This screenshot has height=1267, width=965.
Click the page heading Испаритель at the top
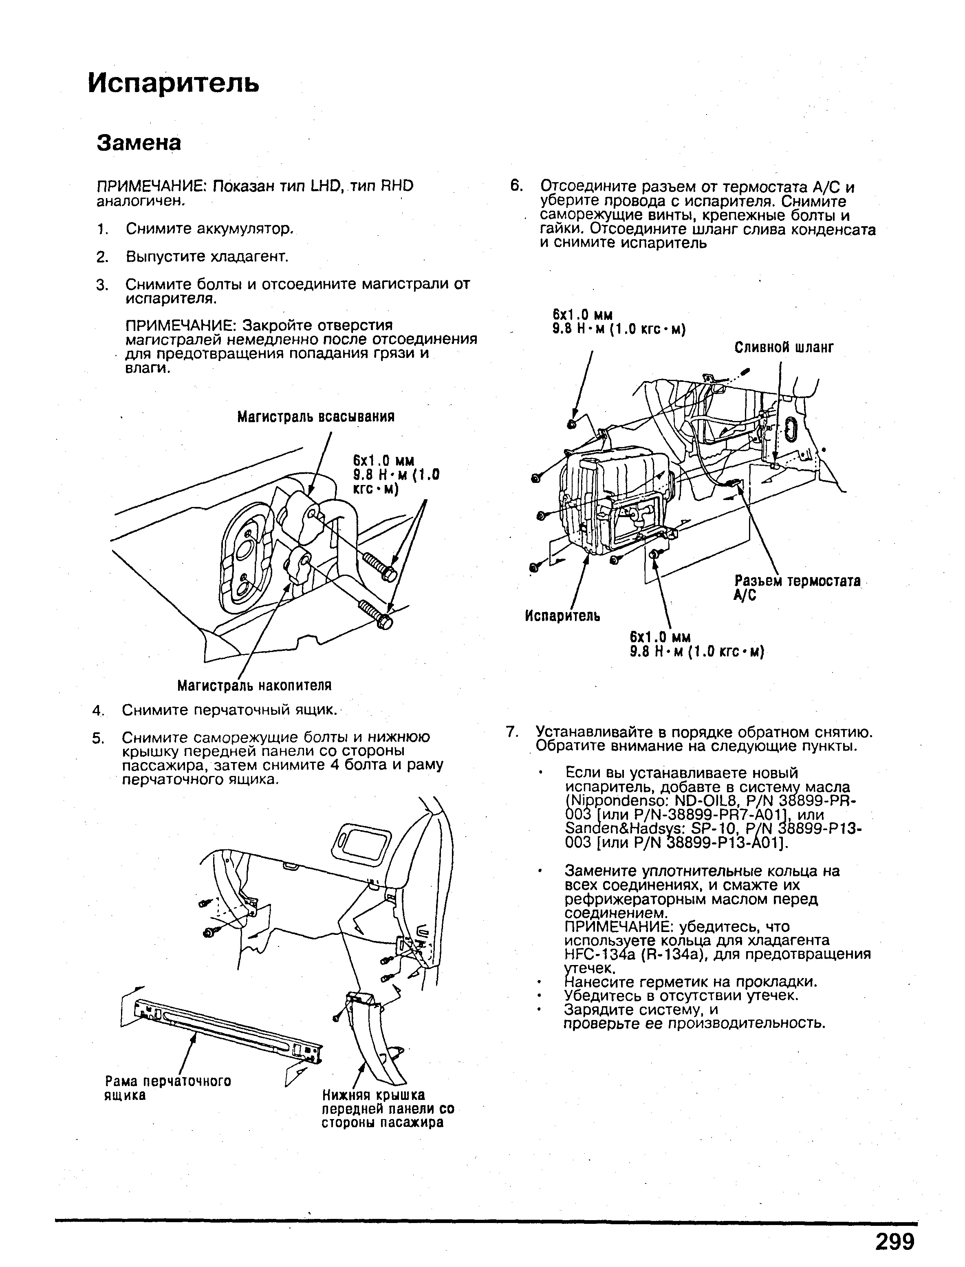[x=174, y=83]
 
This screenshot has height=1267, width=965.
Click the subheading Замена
[x=139, y=143]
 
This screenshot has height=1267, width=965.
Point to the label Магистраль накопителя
[x=254, y=685]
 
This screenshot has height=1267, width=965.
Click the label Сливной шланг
[x=784, y=348]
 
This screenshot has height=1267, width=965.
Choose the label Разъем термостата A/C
[x=797, y=588]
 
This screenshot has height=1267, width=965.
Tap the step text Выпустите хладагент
[x=207, y=256]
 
